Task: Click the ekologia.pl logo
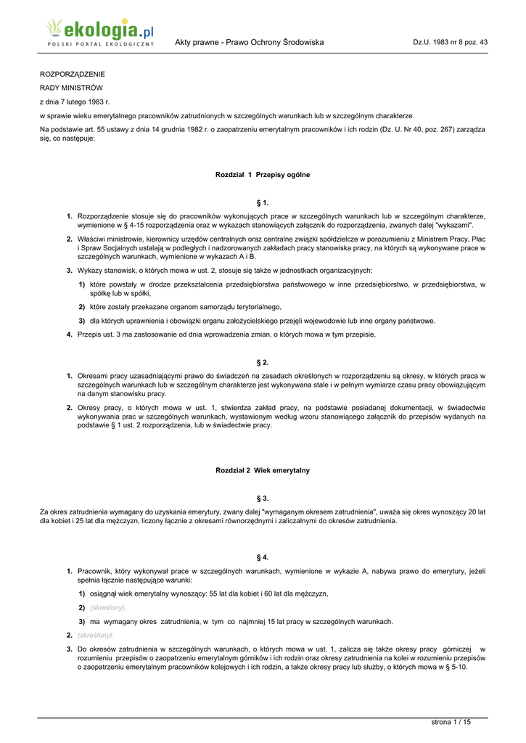99,32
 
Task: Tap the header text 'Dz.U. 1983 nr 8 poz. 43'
450,42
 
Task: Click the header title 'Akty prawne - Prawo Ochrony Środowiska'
249,42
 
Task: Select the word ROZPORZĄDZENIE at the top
72,74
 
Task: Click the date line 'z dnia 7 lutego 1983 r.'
74,102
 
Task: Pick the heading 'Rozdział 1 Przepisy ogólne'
263,175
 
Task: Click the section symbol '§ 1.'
263,202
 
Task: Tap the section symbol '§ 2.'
263,361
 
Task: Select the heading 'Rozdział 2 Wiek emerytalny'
263,470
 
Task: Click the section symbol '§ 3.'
263,498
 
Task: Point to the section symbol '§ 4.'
263,557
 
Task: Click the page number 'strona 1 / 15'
451,721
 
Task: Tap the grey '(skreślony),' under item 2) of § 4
108,607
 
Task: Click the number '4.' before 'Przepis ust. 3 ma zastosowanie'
70,334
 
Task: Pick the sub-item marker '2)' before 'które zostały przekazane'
82,307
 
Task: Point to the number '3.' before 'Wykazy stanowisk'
70,270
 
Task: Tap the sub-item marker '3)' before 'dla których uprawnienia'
82,321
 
